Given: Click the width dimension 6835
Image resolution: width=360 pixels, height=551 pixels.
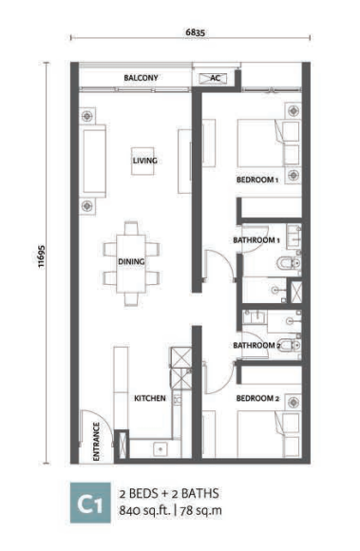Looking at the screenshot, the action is tap(195, 32).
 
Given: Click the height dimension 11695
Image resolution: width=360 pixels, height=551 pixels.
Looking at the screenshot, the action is tap(42, 256).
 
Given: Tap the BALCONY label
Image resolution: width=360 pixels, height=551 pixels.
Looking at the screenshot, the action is tap(141, 78).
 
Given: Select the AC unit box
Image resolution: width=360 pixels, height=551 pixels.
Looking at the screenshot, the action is tap(213, 78).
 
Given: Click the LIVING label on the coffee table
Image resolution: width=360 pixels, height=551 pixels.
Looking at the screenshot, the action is tap(144, 161).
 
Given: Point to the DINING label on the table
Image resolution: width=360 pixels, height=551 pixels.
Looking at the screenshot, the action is tap(131, 261).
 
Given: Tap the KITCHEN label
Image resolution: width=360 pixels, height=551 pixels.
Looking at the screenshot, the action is tap(150, 398).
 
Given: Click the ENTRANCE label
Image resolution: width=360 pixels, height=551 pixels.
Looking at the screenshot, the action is tap(96, 442).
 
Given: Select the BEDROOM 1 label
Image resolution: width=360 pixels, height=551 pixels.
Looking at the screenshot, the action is tap(257, 180).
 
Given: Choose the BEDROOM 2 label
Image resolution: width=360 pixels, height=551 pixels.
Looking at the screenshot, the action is tap(257, 398).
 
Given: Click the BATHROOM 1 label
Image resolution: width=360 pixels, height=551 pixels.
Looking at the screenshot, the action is tap(256, 240).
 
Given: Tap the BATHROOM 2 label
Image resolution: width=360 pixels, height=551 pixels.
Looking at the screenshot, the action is tap(256, 346).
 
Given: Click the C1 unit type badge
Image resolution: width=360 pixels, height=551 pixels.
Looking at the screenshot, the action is tap(90, 503).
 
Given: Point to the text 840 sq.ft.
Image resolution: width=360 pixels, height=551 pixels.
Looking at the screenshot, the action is tap(145, 510).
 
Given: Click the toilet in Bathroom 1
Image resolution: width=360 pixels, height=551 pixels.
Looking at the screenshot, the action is tap(289, 263).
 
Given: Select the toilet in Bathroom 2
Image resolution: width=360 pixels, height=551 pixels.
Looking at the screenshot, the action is tap(290, 346).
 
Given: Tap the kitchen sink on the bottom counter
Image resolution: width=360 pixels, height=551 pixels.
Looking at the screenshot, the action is tap(161, 448).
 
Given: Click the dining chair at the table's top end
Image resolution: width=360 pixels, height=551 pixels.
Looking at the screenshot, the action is tap(131, 228).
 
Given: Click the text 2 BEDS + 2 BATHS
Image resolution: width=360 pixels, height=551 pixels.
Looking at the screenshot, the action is tap(169, 494).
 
